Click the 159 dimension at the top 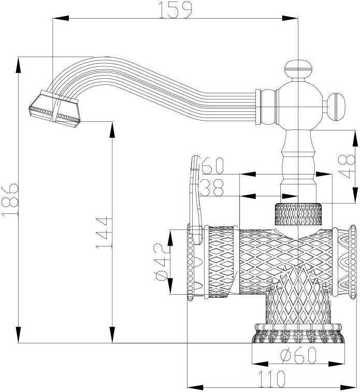point(176,9)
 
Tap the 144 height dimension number point(104,232)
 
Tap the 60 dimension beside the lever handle point(212,166)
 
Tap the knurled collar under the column point(299,213)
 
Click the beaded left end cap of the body point(191,262)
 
